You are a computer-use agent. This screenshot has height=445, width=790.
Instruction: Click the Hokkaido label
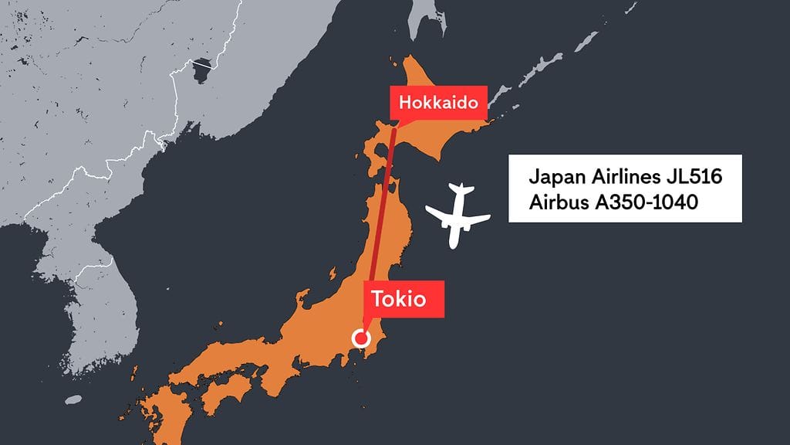coord(439,102)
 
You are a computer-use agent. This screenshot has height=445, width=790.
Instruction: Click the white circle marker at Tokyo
coord(360,338)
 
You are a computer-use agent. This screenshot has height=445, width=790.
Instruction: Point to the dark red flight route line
coord(381,216)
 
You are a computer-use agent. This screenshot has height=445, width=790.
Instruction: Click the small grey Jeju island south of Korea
coord(73,400)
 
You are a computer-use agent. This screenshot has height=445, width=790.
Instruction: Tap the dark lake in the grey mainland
coord(202,70)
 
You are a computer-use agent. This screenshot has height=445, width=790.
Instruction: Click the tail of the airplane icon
coord(461,189)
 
